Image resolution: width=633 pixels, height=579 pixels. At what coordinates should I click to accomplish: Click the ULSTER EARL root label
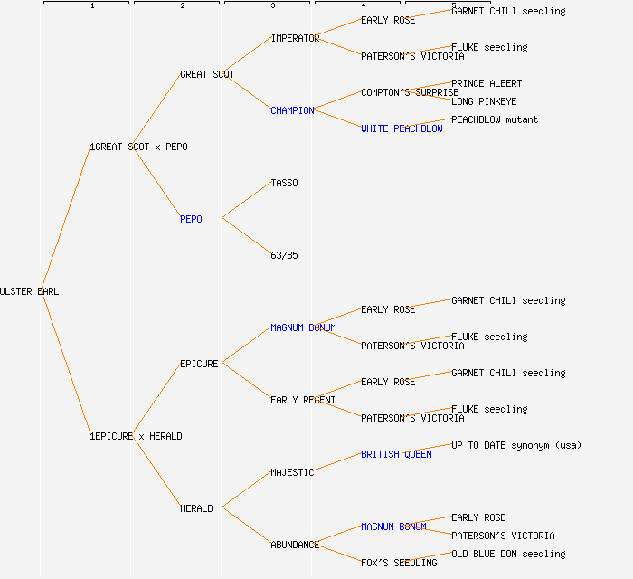29,291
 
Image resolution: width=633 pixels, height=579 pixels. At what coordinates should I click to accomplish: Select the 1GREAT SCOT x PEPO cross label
138,147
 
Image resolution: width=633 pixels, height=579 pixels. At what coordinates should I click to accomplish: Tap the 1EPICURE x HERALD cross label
136,436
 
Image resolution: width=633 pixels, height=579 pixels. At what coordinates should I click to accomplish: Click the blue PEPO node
191,219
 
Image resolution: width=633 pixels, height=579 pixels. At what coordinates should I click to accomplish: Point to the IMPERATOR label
295,38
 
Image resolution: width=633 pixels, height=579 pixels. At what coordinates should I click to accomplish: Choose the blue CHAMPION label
292,110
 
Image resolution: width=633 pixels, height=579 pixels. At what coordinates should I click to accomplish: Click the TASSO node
284,183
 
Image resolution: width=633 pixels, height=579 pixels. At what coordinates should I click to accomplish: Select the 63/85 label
284,255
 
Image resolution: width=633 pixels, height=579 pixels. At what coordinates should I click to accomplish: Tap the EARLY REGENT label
303,400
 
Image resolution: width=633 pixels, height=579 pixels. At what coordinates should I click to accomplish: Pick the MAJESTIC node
292,472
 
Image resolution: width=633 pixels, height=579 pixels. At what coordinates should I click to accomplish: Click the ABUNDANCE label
295,545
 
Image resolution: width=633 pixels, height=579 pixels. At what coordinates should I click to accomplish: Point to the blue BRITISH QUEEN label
396,454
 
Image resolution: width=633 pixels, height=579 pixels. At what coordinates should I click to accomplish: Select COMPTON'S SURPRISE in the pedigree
410,92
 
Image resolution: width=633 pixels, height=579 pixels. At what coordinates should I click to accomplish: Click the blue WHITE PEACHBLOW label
402,128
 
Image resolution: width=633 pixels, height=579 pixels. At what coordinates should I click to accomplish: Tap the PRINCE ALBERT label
487,83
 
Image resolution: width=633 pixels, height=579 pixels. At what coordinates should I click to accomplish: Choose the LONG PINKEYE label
484,101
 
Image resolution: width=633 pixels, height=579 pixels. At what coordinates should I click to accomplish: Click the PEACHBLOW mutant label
495,119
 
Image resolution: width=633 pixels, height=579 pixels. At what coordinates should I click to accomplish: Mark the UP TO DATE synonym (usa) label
516,445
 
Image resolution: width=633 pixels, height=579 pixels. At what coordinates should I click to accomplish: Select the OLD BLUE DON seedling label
508,554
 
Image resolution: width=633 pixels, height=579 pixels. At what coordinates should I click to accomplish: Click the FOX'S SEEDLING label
399,563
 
